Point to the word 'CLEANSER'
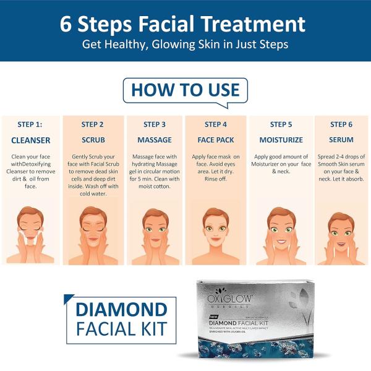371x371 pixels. tap(31, 140)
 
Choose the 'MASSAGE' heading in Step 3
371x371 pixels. tap(155, 140)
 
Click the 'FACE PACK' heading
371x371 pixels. tap(216, 140)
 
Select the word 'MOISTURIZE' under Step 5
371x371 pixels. tap(281, 140)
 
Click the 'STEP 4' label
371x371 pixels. tap(216, 124)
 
